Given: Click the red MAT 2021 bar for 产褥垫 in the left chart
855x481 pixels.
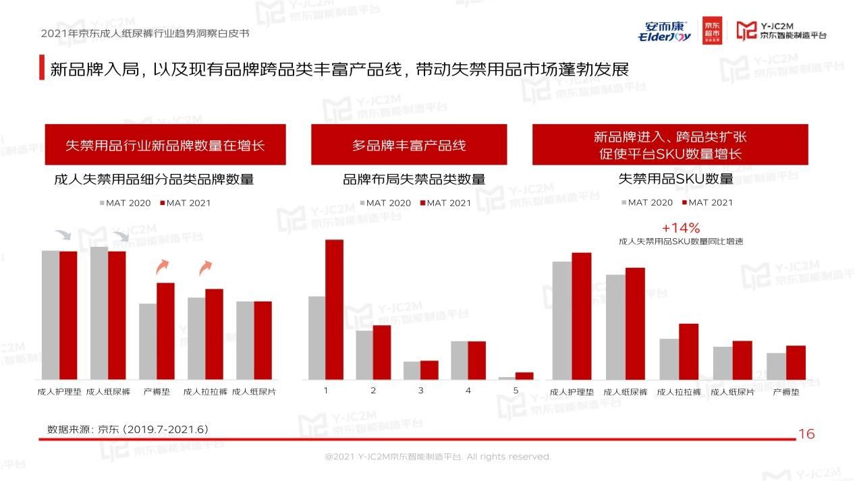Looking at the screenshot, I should point(165,331).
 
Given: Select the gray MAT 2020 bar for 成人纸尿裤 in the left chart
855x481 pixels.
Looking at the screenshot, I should point(99,312).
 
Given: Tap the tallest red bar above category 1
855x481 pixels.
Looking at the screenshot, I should point(334,309).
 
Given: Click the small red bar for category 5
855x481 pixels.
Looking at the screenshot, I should point(524,376).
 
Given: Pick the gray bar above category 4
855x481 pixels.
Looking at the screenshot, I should point(460,360).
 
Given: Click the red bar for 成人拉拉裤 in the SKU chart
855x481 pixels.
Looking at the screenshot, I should point(688,351).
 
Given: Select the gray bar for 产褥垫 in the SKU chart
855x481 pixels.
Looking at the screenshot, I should point(776,366).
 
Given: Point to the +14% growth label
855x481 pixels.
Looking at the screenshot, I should point(680,228).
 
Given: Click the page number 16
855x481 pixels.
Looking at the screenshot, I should point(806,434).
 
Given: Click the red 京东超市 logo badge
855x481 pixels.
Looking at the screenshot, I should point(712,30).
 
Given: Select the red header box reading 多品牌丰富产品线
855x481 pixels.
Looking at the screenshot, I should point(408,144).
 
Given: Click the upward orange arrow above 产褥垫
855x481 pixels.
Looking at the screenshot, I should point(162,266).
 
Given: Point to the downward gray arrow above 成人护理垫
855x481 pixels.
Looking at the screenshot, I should point(63,235).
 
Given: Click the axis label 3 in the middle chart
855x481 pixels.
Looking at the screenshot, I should point(420,391).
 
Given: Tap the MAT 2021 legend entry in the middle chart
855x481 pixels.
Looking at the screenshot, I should point(445,203).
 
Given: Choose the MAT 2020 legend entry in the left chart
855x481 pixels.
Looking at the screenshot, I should point(126,203).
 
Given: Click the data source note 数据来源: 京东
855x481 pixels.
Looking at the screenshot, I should point(128,429).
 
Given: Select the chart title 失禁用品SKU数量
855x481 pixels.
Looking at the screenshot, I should point(675,179).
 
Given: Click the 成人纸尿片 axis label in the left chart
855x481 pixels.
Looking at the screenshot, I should point(254,391).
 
